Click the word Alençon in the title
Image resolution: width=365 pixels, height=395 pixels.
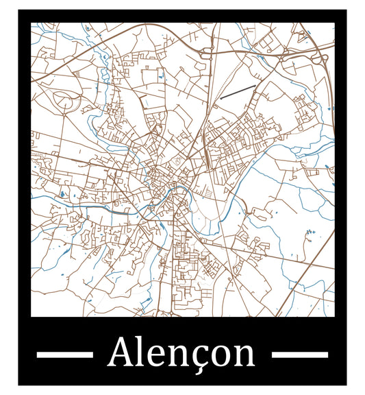pos(181,353)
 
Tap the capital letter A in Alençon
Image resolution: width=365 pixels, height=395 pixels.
pos(121,352)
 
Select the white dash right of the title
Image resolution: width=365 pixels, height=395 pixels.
pos(300,355)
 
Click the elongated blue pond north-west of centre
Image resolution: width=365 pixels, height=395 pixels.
pos(79,71)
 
